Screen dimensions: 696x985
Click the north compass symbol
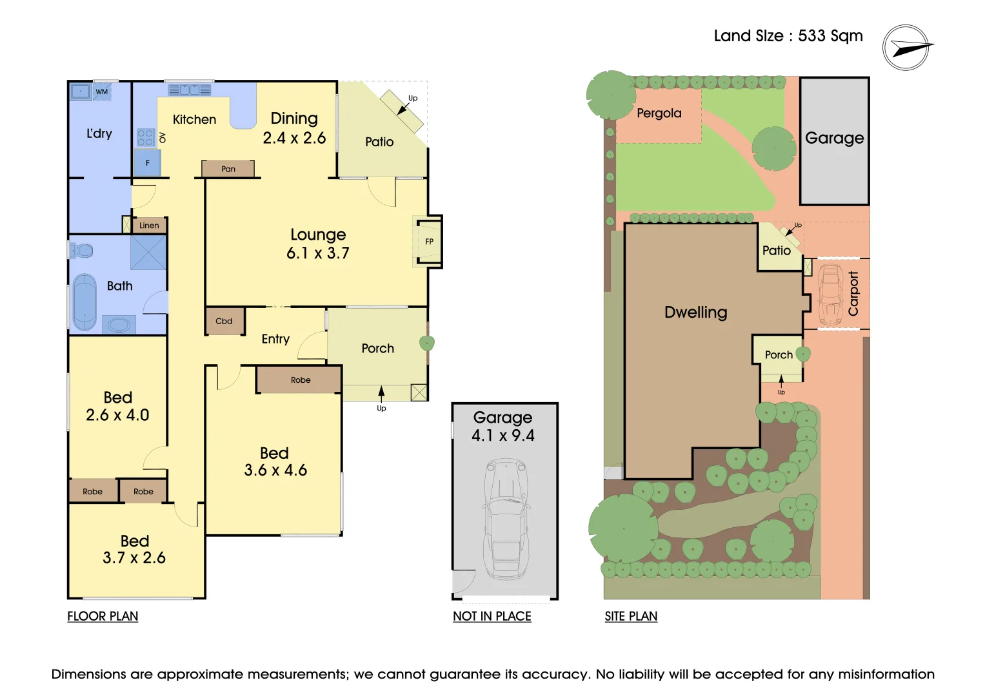point(906,48)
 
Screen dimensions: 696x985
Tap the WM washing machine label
point(102,92)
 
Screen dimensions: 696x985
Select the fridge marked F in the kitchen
point(147,163)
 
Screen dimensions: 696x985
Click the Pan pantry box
point(228,169)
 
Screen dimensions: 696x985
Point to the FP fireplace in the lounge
point(429,242)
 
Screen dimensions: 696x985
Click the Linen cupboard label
point(149,225)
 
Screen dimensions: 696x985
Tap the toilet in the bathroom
point(81,250)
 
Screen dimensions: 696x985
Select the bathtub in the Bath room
point(84,302)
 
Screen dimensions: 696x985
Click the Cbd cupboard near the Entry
point(224,321)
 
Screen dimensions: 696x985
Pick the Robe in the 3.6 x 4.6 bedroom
point(300,380)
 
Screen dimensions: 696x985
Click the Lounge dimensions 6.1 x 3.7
point(318,253)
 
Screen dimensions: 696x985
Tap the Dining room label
point(294,119)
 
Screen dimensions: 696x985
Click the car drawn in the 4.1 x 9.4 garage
point(507,516)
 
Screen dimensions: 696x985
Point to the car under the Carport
point(831,294)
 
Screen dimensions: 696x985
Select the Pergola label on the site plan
point(659,113)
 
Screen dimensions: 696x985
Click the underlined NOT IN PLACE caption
point(492,616)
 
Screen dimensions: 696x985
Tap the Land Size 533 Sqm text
point(788,36)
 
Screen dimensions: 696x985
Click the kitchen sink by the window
point(190,90)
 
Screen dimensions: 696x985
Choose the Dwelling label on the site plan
point(695,313)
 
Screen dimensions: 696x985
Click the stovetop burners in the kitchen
point(146,137)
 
